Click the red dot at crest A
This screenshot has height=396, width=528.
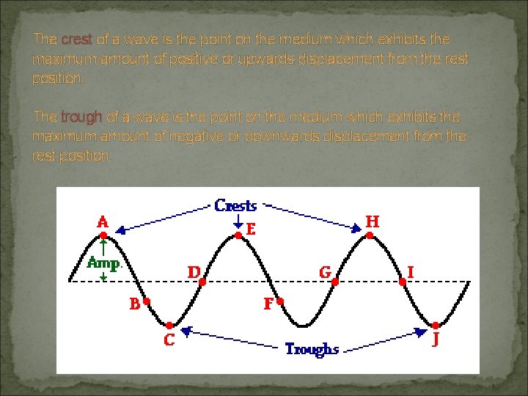103,235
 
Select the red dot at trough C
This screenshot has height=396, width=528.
169,325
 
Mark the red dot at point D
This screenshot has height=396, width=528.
202,281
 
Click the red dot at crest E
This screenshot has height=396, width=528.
238,235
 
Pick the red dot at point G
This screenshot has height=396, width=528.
334,281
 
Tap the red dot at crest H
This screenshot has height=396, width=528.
370,235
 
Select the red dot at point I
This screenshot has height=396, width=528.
403,281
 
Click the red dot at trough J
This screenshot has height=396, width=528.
435,325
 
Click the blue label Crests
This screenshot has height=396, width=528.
236,205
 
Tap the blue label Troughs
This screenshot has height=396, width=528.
312,349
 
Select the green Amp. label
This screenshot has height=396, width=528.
104,262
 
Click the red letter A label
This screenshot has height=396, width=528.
103,220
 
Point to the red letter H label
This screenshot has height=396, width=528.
373,220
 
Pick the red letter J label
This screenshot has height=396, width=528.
436,340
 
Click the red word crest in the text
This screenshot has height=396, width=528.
76,39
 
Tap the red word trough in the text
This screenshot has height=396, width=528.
82,117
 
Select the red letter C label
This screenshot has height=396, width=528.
169,341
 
